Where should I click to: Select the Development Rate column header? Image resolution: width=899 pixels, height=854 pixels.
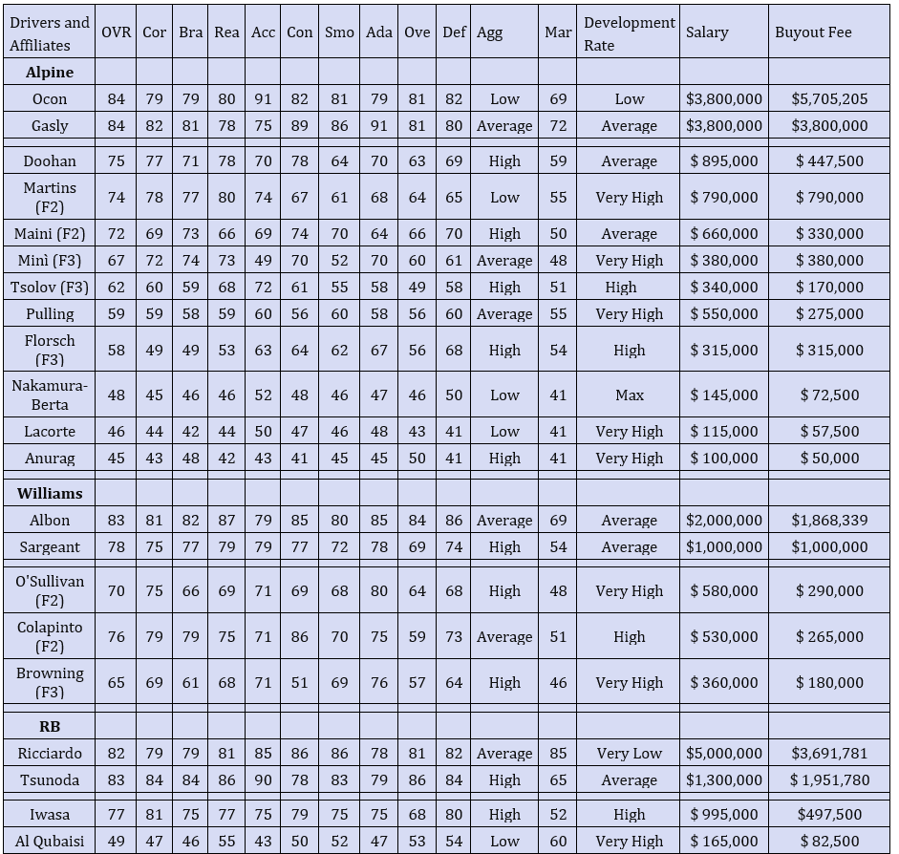click(x=629, y=33)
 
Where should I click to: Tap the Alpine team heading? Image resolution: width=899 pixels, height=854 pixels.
click(x=50, y=72)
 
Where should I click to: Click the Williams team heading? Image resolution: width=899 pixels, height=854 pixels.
click(x=50, y=493)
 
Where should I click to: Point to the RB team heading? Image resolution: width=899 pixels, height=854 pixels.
click(x=50, y=726)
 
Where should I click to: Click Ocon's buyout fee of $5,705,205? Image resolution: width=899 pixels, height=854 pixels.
click(x=829, y=98)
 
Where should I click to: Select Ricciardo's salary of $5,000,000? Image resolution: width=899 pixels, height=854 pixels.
click(x=724, y=753)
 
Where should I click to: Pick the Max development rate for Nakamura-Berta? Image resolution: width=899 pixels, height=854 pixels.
click(x=629, y=395)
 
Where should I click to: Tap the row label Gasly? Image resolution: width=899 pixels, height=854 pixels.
click(x=50, y=125)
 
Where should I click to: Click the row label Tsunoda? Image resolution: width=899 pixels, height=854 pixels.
click(x=50, y=779)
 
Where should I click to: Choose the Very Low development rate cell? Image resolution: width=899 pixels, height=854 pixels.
click(x=629, y=753)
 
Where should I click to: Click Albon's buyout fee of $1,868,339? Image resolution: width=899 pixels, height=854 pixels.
click(x=829, y=520)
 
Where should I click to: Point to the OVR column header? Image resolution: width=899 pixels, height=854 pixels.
click(x=116, y=32)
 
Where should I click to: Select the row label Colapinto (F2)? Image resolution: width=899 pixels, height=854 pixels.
click(x=50, y=636)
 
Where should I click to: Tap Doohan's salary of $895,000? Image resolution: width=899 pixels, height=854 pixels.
click(x=724, y=160)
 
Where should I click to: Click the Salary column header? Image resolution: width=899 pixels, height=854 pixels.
click(x=707, y=32)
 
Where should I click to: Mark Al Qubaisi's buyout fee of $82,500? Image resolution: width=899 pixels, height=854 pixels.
click(x=829, y=841)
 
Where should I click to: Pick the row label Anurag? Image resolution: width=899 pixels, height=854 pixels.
click(x=50, y=458)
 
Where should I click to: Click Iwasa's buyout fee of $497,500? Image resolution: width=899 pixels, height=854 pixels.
click(x=829, y=814)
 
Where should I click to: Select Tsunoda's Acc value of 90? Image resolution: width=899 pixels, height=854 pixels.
click(x=263, y=779)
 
